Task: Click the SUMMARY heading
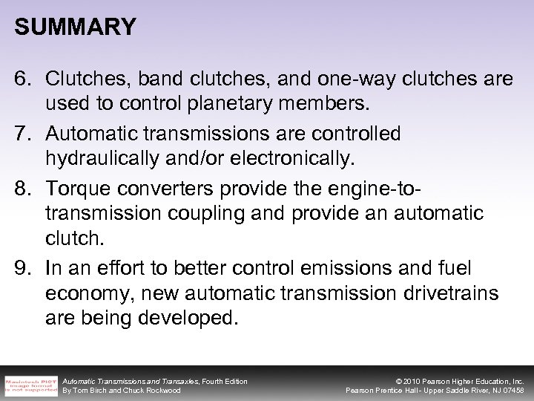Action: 75,27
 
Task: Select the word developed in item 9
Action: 189,319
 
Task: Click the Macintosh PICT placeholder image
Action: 30,382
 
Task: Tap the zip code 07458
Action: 512,390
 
